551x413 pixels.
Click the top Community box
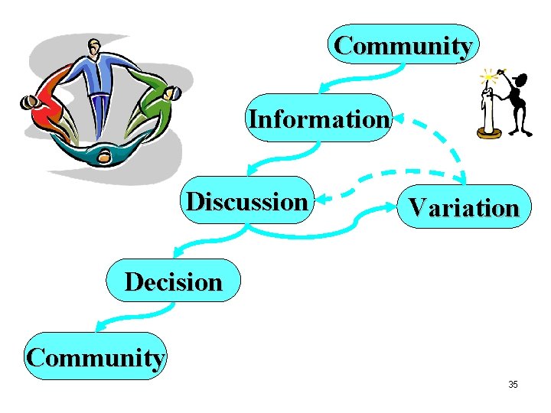tap(403, 44)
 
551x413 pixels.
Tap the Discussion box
tap(246, 201)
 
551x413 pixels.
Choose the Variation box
tap(463, 206)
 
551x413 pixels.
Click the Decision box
tap(173, 281)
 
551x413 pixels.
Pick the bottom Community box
tap(95, 356)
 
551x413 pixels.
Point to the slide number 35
tap(513, 384)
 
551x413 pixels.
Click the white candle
tap(486, 111)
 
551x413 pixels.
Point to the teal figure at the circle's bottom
tap(103, 153)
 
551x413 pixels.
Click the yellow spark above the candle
tap(487, 76)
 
